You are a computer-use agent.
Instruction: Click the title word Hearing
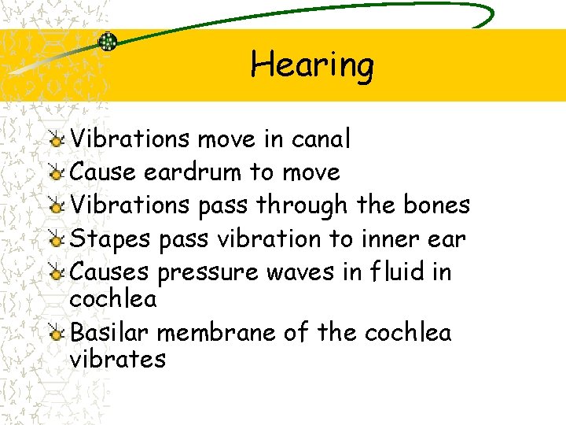312,65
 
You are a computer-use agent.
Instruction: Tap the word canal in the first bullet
321,139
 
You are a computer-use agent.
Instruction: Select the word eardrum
193,172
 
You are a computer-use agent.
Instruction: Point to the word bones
436,205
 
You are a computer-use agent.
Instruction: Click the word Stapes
111,239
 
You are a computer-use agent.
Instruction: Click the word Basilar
110,333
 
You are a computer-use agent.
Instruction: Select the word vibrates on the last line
117,360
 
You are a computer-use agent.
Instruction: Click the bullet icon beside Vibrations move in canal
56,140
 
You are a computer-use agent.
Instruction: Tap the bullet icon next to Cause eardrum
56,173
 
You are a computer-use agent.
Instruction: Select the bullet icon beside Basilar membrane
56,334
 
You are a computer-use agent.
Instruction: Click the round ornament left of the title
108,42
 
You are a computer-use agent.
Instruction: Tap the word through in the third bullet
301,205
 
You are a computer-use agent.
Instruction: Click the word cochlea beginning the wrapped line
113,299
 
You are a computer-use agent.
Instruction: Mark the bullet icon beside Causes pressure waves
56,273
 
